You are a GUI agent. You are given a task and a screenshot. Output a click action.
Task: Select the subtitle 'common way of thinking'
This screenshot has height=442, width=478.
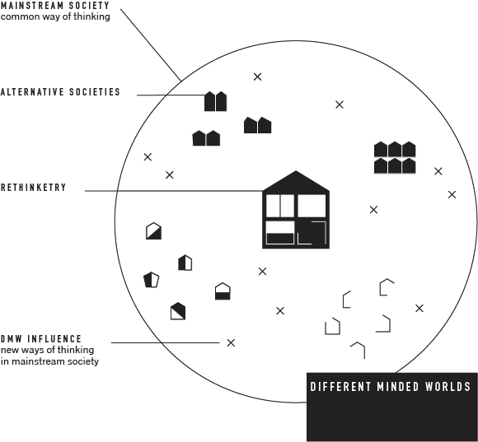pos(55,16)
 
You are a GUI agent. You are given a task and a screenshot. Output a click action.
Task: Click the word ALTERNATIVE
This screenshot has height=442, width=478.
pos(32,92)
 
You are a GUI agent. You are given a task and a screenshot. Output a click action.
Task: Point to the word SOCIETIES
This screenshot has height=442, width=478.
pos(95,92)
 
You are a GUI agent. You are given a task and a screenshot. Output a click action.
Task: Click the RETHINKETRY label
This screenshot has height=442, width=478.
pos(33,188)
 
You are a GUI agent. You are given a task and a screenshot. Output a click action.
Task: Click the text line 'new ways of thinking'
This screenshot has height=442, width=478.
pos(47,350)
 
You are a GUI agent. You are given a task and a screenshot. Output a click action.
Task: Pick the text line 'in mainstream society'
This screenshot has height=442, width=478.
pos(49,361)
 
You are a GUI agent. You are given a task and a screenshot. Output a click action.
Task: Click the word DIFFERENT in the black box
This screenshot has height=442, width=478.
pos(340,387)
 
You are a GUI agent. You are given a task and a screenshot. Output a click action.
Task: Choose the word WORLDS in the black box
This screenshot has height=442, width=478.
pos(448,387)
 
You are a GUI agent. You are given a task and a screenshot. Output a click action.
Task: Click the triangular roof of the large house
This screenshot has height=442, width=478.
pos(296,183)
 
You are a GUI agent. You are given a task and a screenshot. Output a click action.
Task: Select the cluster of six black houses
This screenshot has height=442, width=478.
pos(395,158)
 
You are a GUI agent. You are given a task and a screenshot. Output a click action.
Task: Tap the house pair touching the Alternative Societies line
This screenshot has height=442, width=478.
pos(216,101)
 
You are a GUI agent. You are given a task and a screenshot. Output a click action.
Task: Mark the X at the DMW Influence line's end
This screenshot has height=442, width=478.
pos(231,342)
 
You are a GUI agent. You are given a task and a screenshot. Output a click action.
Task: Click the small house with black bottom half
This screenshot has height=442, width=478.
pos(223,291)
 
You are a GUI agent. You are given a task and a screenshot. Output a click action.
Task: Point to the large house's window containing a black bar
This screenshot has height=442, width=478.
pos(280,233)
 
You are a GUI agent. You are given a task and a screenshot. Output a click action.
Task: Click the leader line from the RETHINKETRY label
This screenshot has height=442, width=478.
pos(174,191)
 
